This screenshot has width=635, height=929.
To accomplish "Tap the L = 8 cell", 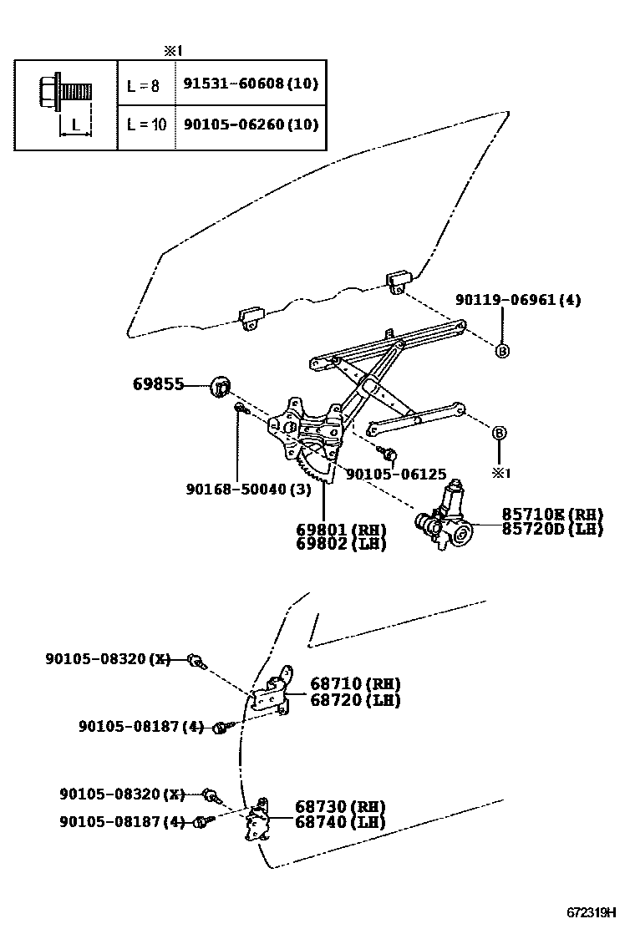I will [x=143, y=84].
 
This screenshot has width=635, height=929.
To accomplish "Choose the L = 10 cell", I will [x=146, y=124].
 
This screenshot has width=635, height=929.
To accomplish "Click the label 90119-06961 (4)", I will [x=518, y=299].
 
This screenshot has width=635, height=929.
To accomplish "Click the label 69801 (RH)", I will [x=340, y=530].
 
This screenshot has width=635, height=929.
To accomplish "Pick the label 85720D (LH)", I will [x=551, y=529].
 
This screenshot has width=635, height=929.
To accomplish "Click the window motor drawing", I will [x=446, y=518].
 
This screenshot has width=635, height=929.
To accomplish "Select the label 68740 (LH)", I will [x=340, y=822].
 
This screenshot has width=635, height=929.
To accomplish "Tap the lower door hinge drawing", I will [x=260, y=818].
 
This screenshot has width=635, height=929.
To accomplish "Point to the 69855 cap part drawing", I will [x=221, y=386].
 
